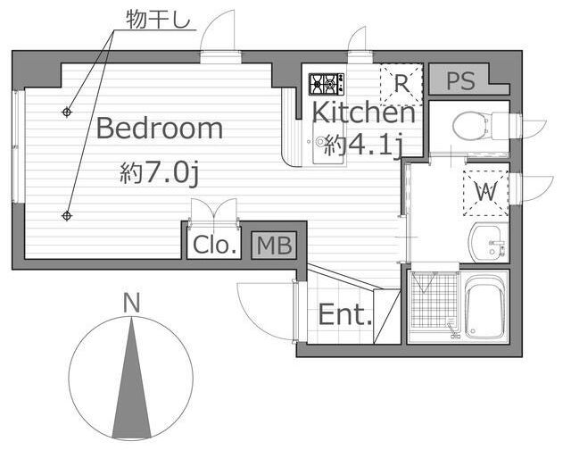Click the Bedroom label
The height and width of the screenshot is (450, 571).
click(160, 129)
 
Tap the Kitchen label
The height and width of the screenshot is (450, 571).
click(363, 112)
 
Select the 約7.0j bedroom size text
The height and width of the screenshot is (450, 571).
click(159, 173)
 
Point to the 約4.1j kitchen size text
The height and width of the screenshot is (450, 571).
click(363, 146)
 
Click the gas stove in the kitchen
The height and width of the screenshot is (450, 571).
click(327, 84)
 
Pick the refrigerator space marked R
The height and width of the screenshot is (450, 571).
click(401, 84)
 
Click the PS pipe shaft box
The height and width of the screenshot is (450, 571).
click(461, 80)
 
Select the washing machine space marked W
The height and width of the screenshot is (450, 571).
click(486, 192)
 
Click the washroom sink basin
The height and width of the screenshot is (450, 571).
click(487, 242)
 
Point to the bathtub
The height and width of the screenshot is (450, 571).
click(485, 307)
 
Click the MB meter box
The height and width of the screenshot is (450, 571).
click(274, 246)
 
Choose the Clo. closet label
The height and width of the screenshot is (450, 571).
click(215, 245)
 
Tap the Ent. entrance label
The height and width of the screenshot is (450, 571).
click(345, 314)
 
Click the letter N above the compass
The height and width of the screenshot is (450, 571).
click(131, 304)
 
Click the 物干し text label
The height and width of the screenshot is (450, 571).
click(159, 19)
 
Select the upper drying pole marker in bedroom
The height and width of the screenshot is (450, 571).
click(66, 112)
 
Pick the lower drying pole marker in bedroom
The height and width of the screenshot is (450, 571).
click(66, 216)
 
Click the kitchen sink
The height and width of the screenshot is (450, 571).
click(328, 143)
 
